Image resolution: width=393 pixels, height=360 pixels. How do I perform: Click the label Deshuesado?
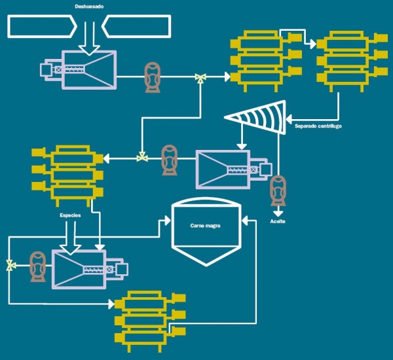[89, 6]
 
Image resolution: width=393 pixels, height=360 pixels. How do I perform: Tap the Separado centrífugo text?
[318, 125]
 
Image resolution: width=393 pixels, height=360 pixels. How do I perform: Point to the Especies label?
[70, 215]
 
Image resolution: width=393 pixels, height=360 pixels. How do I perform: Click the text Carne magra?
[205, 225]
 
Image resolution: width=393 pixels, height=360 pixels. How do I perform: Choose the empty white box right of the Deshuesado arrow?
[137, 27]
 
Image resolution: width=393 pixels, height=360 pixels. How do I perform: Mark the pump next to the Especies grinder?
[38, 266]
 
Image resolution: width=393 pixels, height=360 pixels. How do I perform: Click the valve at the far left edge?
[9, 266]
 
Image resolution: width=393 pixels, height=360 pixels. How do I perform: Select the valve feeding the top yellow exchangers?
[200, 78]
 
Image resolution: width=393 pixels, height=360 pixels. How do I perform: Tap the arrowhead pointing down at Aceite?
[278, 212]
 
